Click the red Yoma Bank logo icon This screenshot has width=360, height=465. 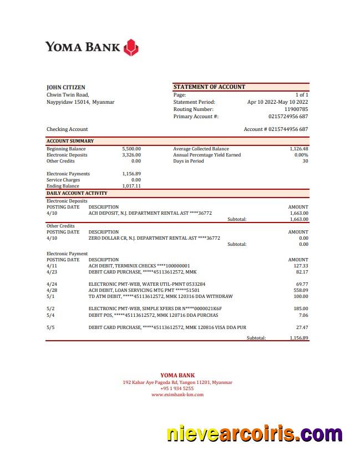click(131, 47)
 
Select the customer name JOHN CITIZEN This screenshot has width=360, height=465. click(65, 87)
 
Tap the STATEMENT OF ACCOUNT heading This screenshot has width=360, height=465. click(209, 87)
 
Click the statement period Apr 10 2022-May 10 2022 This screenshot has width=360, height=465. click(277, 102)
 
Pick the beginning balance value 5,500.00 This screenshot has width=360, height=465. click(131, 149)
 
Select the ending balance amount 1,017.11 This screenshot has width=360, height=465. click(131, 186)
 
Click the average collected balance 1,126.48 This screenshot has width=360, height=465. click(298, 149)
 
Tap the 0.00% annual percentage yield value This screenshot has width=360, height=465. click(301, 155)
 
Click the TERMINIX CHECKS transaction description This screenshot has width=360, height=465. click(139, 266)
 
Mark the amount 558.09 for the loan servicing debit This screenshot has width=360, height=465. click(301, 290)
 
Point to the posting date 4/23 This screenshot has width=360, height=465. click(52, 272)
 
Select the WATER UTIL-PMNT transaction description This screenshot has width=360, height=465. click(146, 284)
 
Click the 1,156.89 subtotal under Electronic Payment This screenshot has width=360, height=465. click(298, 338)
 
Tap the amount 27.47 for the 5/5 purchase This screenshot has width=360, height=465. click(302, 327)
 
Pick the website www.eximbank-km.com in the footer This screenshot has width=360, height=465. click(178, 395)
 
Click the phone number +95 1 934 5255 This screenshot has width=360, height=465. click(178, 388)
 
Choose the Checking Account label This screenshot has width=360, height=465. click(67, 129)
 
